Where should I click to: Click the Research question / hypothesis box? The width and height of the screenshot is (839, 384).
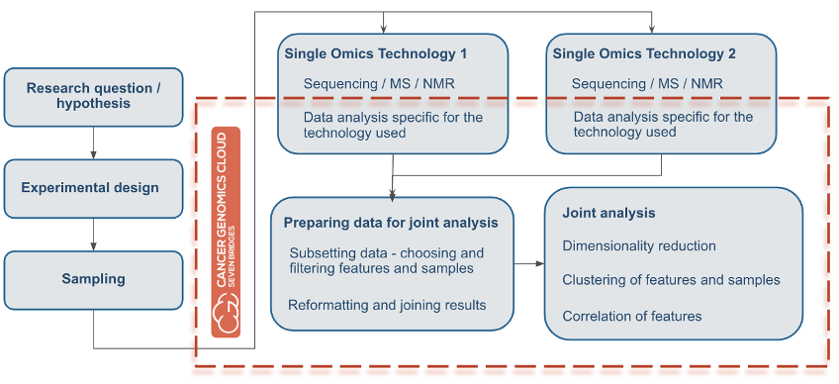(x=93, y=96)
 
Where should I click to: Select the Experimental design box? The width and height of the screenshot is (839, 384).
(x=93, y=188)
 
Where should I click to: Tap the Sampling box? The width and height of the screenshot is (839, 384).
(x=93, y=279)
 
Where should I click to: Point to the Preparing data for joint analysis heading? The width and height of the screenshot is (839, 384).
(x=391, y=223)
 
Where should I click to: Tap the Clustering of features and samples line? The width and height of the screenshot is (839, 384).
(x=671, y=280)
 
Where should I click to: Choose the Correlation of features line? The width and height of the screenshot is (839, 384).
(x=631, y=316)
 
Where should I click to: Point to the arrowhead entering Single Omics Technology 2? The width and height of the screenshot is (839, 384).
(x=652, y=29)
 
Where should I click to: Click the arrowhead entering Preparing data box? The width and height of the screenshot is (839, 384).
(x=393, y=194)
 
